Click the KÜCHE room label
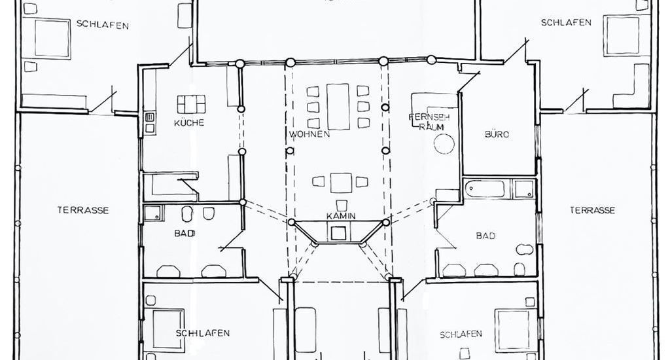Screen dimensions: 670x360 click(189, 122)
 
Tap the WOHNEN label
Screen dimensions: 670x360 click(309, 134)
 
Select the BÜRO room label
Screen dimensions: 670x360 click(497, 134)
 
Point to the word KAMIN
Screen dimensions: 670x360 click(341, 216)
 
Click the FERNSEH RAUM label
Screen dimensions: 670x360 click(429, 122)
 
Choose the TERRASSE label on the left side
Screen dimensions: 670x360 click(83, 210)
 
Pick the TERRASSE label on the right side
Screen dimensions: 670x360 click(592, 210)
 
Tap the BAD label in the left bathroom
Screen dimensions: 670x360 click(185, 234)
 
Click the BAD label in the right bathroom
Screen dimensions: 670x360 click(485, 236)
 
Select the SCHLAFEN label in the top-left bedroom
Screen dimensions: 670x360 click(103, 25)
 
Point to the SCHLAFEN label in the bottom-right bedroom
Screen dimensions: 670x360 click(461, 334)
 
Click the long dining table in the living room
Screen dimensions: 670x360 click(338, 107)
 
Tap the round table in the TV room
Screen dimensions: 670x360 click(444, 144)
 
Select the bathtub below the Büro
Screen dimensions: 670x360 click(485, 189)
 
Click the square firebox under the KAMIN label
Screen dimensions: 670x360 click(338, 234)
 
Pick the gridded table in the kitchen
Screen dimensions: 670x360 click(191, 104)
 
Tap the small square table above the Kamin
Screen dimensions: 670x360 click(341, 183)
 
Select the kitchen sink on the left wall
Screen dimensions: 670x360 click(150, 122)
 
